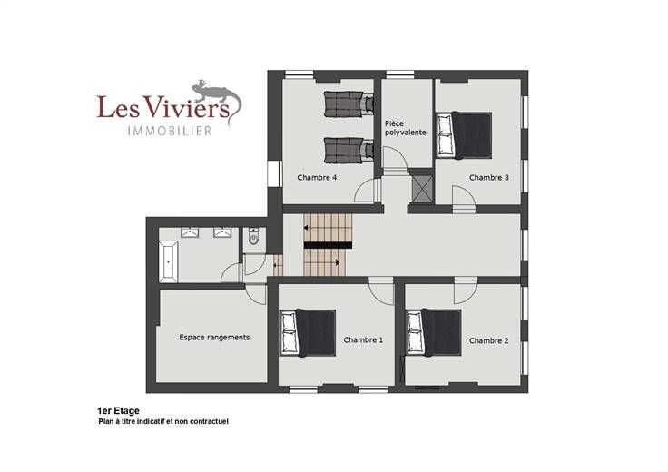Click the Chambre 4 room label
[317, 177]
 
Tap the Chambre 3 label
[488, 177]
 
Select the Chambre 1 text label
[363, 340]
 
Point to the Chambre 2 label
[488, 340]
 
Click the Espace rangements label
[214, 338]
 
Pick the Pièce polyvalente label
[405, 128]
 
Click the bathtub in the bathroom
[168, 261]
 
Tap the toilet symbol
[254, 236]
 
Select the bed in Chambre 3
[464, 135]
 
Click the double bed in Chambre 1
[308, 333]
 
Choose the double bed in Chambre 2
[434, 333]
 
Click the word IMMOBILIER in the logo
[170, 131]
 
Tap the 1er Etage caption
[118, 411]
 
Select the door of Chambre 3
[465, 200]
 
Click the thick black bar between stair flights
[328, 245]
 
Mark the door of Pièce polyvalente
[395, 159]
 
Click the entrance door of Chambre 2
[466, 290]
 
